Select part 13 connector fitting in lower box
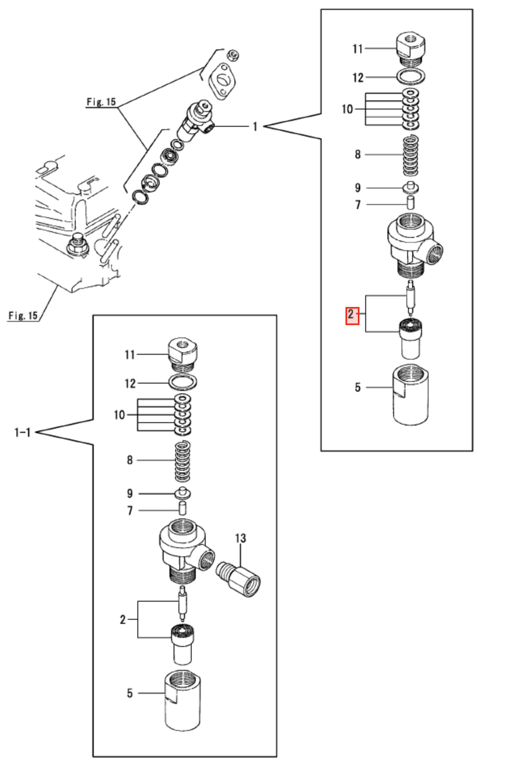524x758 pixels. click(x=238, y=578)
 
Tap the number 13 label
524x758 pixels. click(x=241, y=538)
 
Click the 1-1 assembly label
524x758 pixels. click(x=23, y=432)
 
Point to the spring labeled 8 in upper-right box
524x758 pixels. click(x=410, y=155)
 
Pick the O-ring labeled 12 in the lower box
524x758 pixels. click(x=183, y=382)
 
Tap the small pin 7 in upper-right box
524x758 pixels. click(x=411, y=202)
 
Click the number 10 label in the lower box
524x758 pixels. click(x=119, y=415)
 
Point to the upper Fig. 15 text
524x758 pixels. click(x=101, y=102)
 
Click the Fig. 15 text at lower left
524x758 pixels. click(x=23, y=315)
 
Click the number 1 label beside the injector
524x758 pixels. click(x=255, y=127)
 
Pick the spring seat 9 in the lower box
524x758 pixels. click(x=183, y=493)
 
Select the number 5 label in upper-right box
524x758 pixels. click(x=358, y=387)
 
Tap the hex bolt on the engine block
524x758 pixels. click(x=76, y=246)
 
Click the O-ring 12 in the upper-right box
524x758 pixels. click(x=410, y=76)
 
